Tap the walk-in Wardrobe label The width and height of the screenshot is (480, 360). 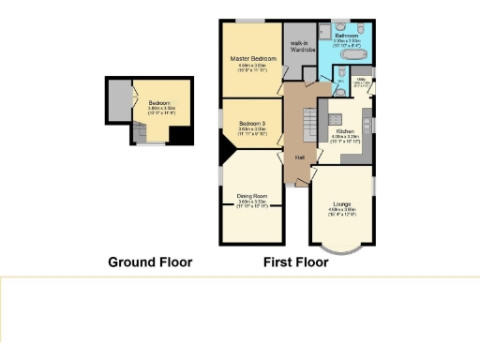[300, 47]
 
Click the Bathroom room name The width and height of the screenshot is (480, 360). [351, 36]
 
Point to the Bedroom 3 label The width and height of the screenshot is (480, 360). [250, 124]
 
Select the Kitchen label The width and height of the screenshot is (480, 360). [346, 131]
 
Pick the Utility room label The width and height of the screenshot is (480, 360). [361, 79]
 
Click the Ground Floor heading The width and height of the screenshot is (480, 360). [150, 262]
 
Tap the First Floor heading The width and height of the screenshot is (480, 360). [296, 262]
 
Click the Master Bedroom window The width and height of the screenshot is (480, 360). [248, 20]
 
